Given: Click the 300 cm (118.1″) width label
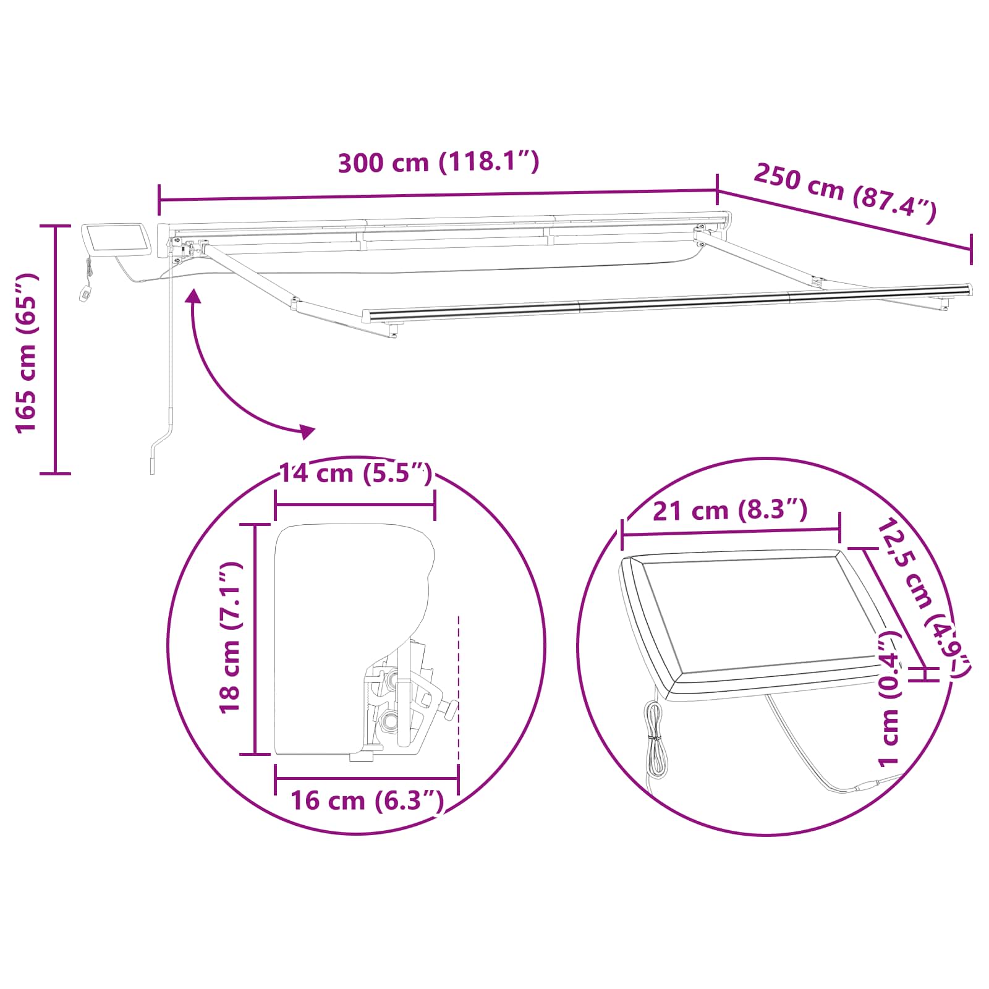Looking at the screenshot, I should point(438,163).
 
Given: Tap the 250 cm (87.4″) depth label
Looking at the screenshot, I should point(845,193).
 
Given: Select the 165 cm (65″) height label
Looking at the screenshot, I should point(27,352).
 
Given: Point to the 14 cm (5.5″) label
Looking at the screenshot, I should point(355,473).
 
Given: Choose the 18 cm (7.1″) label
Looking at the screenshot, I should point(230,638).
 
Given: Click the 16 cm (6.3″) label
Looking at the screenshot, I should point(367,800).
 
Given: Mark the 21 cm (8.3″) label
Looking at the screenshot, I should point(730,511).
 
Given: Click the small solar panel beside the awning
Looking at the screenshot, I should point(117,240).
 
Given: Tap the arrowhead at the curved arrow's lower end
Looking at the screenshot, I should point(307,431).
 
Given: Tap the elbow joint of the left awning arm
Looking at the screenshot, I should point(296,303).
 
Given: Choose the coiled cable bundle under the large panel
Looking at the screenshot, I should point(654,739).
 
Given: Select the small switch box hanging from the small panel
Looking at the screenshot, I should point(85,293).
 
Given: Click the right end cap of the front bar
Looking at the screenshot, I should point(968,289).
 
